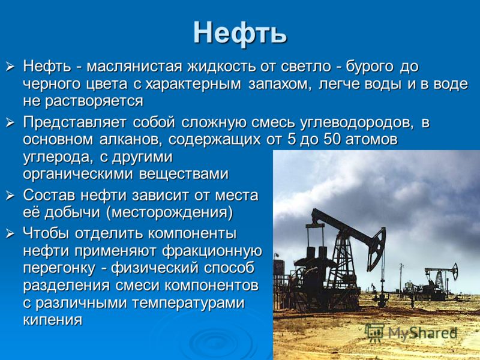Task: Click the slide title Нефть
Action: tap(240, 33)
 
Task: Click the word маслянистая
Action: tap(134, 67)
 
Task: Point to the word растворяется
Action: tap(94, 101)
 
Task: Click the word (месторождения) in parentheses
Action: tap(170, 212)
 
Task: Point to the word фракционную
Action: tap(212, 251)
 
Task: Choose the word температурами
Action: tap(188, 303)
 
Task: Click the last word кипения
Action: tap(53, 320)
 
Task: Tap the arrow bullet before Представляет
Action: tap(10, 123)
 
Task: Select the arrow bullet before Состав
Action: tap(10, 196)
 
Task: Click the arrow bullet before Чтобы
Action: tap(10, 233)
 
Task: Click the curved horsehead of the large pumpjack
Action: tap(377, 248)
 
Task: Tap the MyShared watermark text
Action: tap(411, 332)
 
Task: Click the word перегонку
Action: tap(59, 268)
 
